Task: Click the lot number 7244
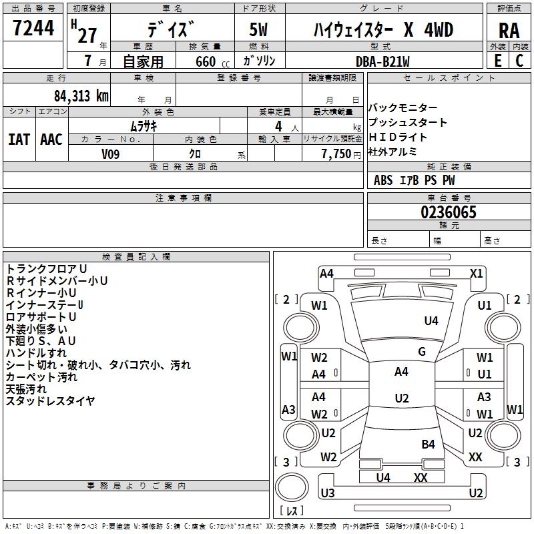tap(33, 28)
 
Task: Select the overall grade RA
tap(509, 31)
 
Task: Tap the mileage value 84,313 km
tap(81, 96)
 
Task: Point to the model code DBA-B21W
tap(382, 61)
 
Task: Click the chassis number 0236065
tap(449, 212)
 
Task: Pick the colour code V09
tap(110, 154)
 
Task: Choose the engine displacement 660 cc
tap(212, 62)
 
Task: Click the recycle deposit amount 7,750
tap(336, 154)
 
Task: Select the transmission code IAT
tap(19, 140)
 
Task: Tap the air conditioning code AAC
tap(51, 140)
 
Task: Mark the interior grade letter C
tap(519, 61)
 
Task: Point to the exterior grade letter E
tap(498, 61)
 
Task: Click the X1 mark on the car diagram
tap(476, 274)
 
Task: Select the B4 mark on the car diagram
tap(428, 444)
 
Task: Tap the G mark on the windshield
tap(422, 352)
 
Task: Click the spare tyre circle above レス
tap(292, 487)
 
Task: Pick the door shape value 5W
tap(258, 29)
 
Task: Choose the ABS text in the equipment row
tap(383, 180)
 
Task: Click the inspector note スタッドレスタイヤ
tap(51, 401)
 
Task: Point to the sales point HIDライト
tap(398, 137)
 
